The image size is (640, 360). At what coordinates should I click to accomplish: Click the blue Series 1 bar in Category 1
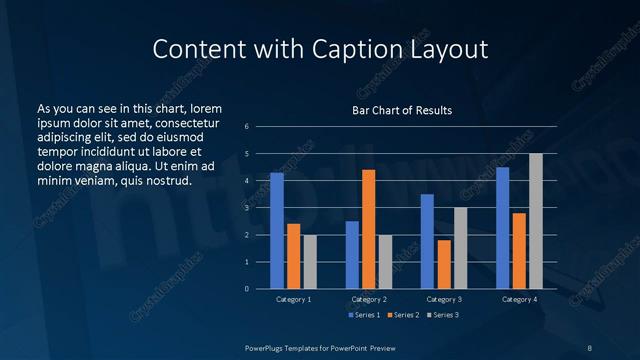(x=277, y=231)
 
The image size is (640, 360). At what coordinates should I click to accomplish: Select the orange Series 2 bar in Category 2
(x=368, y=229)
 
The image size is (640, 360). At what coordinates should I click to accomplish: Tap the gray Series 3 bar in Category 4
(x=536, y=221)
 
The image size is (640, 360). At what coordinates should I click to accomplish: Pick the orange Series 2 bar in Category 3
(x=444, y=264)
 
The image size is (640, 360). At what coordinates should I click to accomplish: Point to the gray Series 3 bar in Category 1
(x=310, y=262)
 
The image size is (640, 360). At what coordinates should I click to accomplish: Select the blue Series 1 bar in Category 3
(x=427, y=241)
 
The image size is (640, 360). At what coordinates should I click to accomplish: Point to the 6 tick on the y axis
(x=246, y=127)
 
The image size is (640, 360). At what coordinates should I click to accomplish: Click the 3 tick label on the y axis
(x=246, y=208)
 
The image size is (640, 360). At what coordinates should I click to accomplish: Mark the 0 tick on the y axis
(x=246, y=289)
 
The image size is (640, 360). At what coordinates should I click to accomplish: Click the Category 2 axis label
(x=368, y=299)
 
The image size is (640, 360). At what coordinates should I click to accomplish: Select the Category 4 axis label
(x=519, y=299)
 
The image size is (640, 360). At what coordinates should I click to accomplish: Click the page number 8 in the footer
(x=589, y=346)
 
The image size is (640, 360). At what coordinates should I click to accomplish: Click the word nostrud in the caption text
(x=167, y=180)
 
